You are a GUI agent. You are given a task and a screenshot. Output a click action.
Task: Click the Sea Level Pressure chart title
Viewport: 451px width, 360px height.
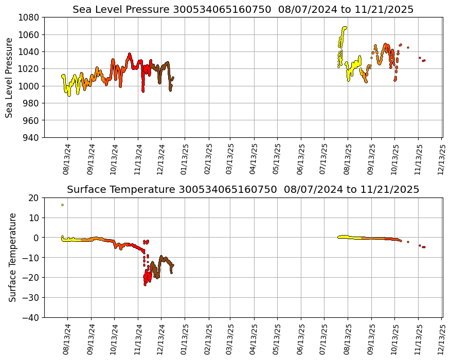(243, 9)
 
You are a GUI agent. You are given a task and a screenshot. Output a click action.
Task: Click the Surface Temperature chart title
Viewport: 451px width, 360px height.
(243, 189)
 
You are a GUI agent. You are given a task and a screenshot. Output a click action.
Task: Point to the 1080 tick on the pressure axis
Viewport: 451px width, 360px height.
(30, 17)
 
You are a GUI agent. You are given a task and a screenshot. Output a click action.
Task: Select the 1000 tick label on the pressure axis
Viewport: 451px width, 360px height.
(30, 86)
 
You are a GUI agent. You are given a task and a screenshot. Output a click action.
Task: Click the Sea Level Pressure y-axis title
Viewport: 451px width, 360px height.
(9, 77)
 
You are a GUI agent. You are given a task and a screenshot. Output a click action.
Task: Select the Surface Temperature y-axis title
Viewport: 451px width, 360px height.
(12, 257)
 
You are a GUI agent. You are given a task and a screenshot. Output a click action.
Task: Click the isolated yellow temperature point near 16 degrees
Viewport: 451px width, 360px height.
(62, 205)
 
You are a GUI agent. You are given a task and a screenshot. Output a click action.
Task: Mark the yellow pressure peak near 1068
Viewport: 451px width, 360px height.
(344, 28)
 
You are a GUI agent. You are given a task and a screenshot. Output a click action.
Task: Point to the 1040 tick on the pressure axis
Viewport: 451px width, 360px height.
(30, 52)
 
